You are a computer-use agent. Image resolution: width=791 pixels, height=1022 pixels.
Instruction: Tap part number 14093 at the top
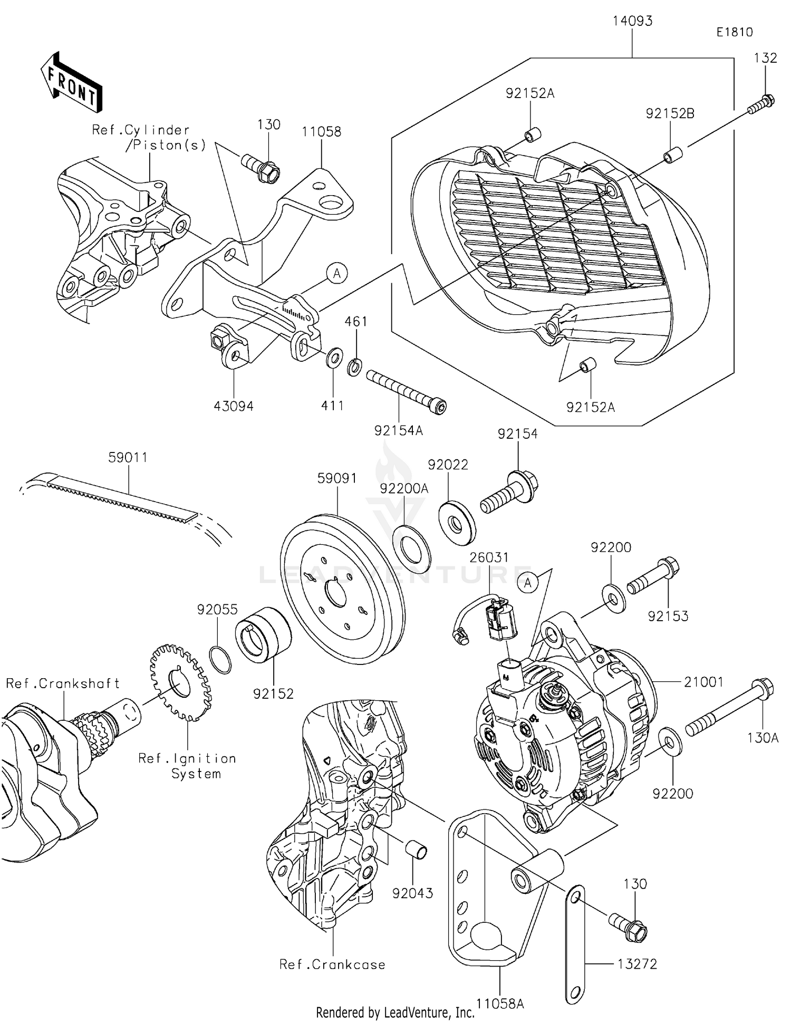(x=632, y=22)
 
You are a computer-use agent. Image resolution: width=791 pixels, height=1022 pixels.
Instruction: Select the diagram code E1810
(x=734, y=32)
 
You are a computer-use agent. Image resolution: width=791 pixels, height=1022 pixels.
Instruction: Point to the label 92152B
(x=670, y=113)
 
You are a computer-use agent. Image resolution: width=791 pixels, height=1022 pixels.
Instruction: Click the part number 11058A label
(x=500, y=1003)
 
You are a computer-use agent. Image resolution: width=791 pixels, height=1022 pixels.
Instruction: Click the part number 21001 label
(x=703, y=682)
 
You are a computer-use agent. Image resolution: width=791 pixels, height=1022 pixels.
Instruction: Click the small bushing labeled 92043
(x=416, y=850)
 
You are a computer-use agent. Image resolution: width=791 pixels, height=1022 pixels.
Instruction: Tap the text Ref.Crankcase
(x=332, y=965)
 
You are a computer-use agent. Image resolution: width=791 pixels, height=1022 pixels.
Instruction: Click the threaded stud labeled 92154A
(x=406, y=392)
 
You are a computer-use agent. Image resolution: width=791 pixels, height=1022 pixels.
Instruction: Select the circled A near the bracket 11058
(x=337, y=273)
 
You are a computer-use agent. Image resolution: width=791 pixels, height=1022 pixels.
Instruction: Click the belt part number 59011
(x=128, y=458)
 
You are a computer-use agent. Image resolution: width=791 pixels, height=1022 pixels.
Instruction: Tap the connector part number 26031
(x=489, y=557)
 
